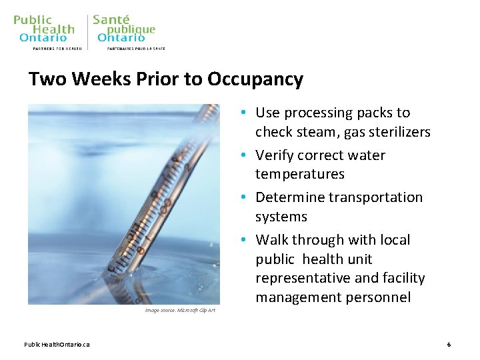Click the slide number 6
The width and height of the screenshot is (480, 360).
point(449,345)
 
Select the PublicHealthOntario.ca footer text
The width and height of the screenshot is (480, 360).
point(57,345)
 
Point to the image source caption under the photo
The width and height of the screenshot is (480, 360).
point(179,311)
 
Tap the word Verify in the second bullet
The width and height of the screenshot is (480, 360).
point(276,155)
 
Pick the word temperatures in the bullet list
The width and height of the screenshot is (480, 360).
point(300,174)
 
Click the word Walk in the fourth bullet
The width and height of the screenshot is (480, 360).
point(271,240)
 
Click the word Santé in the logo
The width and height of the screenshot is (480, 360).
point(111,19)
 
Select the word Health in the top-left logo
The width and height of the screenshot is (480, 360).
point(53,29)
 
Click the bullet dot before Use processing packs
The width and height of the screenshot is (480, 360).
point(246,113)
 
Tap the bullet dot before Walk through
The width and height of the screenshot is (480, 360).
point(246,241)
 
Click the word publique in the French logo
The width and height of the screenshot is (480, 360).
point(131,29)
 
